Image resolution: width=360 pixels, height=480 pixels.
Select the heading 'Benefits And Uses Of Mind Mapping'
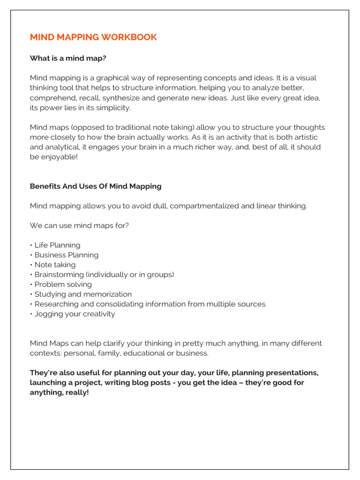96,186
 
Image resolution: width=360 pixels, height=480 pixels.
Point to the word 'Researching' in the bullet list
55,304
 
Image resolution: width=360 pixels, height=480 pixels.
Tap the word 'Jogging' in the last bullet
48,314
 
